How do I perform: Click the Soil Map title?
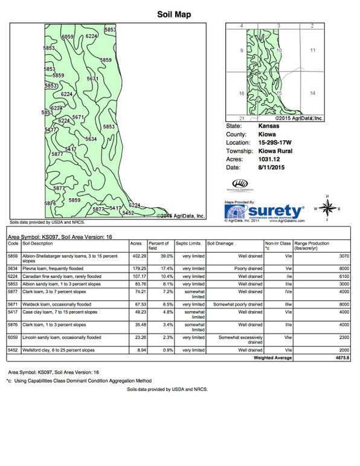pyautogui.click(x=174, y=15)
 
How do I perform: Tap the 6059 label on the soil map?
pyautogui.click(x=68, y=37)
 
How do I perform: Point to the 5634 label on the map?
pyautogui.click(x=91, y=139)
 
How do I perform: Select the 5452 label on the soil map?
pyautogui.click(x=128, y=213)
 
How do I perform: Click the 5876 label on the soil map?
pyautogui.click(x=50, y=204)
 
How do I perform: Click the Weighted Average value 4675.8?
pyautogui.click(x=342, y=358)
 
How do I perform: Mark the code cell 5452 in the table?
pyautogui.click(x=13, y=350)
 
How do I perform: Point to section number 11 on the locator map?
pyautogui.click(x=312, y=50)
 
